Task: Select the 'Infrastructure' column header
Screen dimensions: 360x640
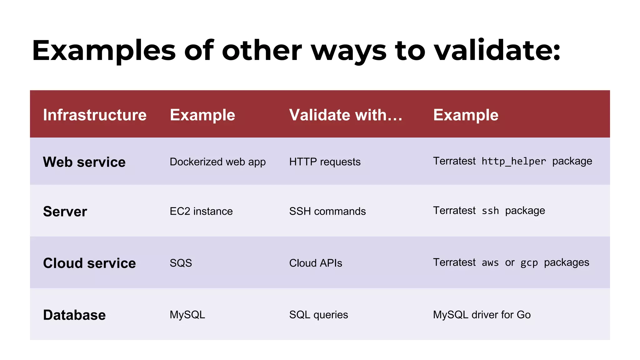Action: (95, 115)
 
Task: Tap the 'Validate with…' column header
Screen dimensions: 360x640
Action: (346, 115)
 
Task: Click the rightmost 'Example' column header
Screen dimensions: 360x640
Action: (466, 115)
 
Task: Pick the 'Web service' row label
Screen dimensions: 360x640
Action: (84, 162)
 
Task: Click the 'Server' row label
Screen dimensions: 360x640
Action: (65, 212)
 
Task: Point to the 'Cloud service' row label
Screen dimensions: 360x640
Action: (89, 263)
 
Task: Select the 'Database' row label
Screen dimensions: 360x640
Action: (74, 315)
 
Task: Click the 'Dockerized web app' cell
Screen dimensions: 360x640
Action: (217, 162)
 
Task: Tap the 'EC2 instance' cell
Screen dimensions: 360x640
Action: (201, 212)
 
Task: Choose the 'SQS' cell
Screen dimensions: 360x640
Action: (181, 263)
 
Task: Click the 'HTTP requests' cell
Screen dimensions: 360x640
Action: (325, 162)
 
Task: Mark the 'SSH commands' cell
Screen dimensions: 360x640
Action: (327, 212)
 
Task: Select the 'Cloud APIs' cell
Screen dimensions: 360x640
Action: (316, 263)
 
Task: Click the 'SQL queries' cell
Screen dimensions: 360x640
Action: (318, 315)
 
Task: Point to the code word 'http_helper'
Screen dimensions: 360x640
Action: (514, 162)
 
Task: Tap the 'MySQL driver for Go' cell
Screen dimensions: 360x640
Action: (482, 315)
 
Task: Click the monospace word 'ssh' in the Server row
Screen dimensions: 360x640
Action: (490, 211)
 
